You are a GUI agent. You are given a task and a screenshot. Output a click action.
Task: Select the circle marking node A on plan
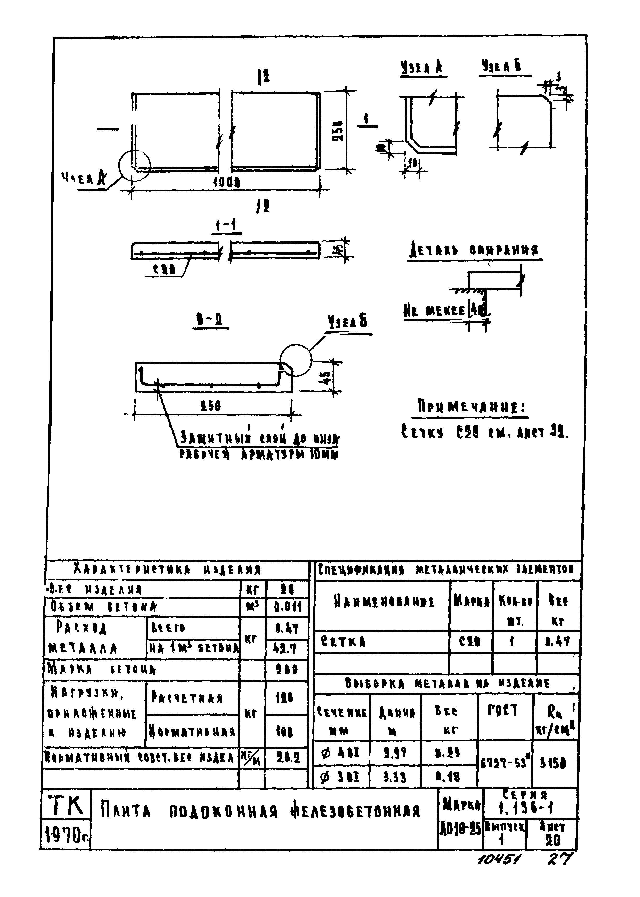click(134, 166)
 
